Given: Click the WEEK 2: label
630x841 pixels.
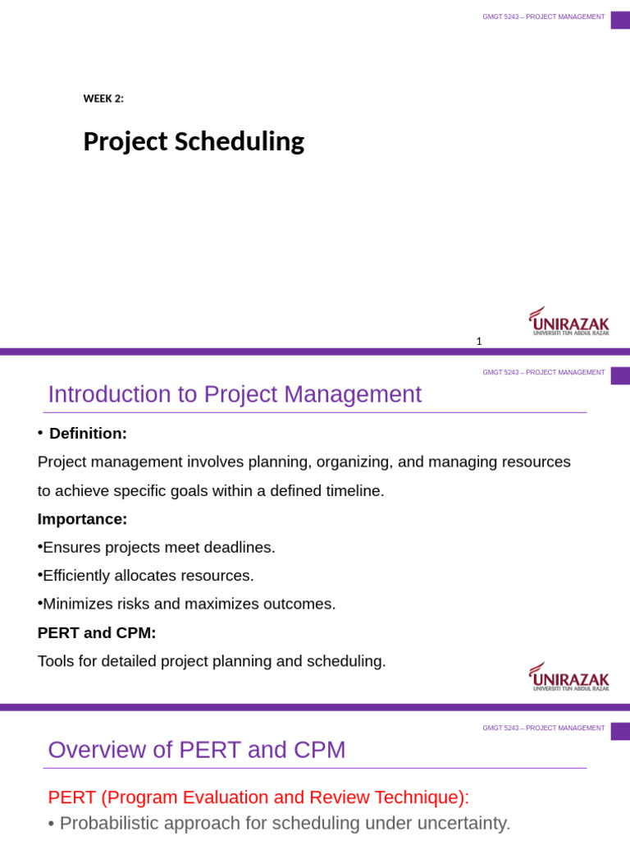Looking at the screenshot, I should click(103, 99).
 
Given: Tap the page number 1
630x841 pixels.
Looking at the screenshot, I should click(479, 342).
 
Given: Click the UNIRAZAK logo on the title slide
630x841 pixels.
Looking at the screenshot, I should click(568, 321).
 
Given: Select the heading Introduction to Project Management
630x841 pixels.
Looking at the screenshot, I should click(235, 395).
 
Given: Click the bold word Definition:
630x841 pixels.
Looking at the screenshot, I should click(88, 434).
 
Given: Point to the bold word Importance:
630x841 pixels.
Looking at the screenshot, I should click(82, 519).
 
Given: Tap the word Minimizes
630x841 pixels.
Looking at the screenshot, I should click(77, 604).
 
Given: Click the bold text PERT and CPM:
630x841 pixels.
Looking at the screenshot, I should click(97, 633).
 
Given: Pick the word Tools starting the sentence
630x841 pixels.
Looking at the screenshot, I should click(56, 661).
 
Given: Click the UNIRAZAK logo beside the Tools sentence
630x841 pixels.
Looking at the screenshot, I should click(568, 677).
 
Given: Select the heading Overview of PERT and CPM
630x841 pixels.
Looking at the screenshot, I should click(197, 751).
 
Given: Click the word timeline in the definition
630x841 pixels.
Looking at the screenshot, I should click(352, 491).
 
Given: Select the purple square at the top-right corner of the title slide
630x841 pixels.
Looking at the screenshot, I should click(620, 20).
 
